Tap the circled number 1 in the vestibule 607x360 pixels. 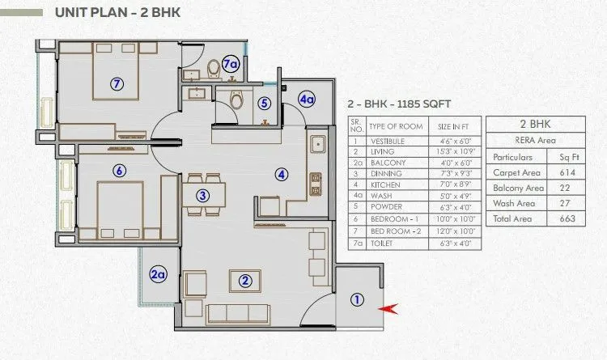(356, 299)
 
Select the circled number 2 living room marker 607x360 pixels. (245, 282)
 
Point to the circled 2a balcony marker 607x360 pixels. (158, 275)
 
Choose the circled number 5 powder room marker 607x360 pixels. (264, 104)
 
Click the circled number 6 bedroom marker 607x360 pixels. (119, 171)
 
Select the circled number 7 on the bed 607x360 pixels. (117, 83)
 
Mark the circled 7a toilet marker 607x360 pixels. (231, 64)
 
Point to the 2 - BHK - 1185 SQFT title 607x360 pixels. (398, 104)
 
